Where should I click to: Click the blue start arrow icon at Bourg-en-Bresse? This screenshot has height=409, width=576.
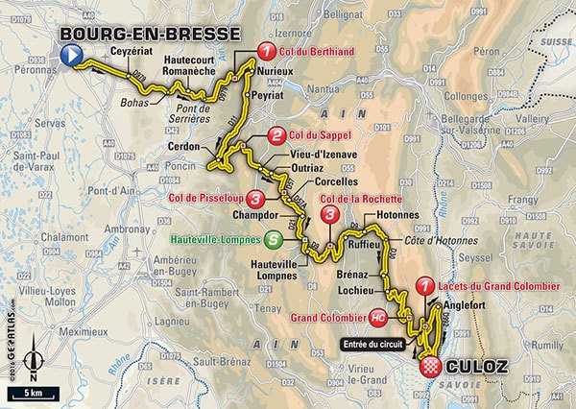point(68,58)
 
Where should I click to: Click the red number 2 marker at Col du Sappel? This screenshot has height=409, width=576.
point(276,134)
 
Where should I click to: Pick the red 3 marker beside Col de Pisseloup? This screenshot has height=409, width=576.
point(255,199)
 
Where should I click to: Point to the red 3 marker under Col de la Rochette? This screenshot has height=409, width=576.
point(330,213)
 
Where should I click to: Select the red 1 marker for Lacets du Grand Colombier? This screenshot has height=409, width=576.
point(425,285)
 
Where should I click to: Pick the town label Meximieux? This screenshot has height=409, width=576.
point(45,328)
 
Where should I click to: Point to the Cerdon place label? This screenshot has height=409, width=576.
point(195,147)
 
